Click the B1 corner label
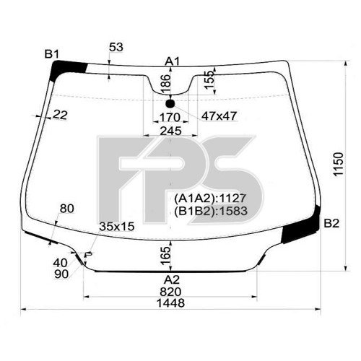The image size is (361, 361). coord(51,53)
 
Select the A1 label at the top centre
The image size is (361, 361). coord(172,61)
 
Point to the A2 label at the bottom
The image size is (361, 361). coord(171,280)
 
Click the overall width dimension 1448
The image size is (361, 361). coord(171,304)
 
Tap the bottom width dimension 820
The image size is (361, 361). coord(171,292)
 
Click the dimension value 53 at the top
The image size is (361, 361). coord(116,47)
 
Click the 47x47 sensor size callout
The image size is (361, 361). coord(220,116)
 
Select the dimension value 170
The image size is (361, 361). coord(169,116)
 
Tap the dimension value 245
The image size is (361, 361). coord(170,131)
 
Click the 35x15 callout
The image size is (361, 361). coord(117,226)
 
